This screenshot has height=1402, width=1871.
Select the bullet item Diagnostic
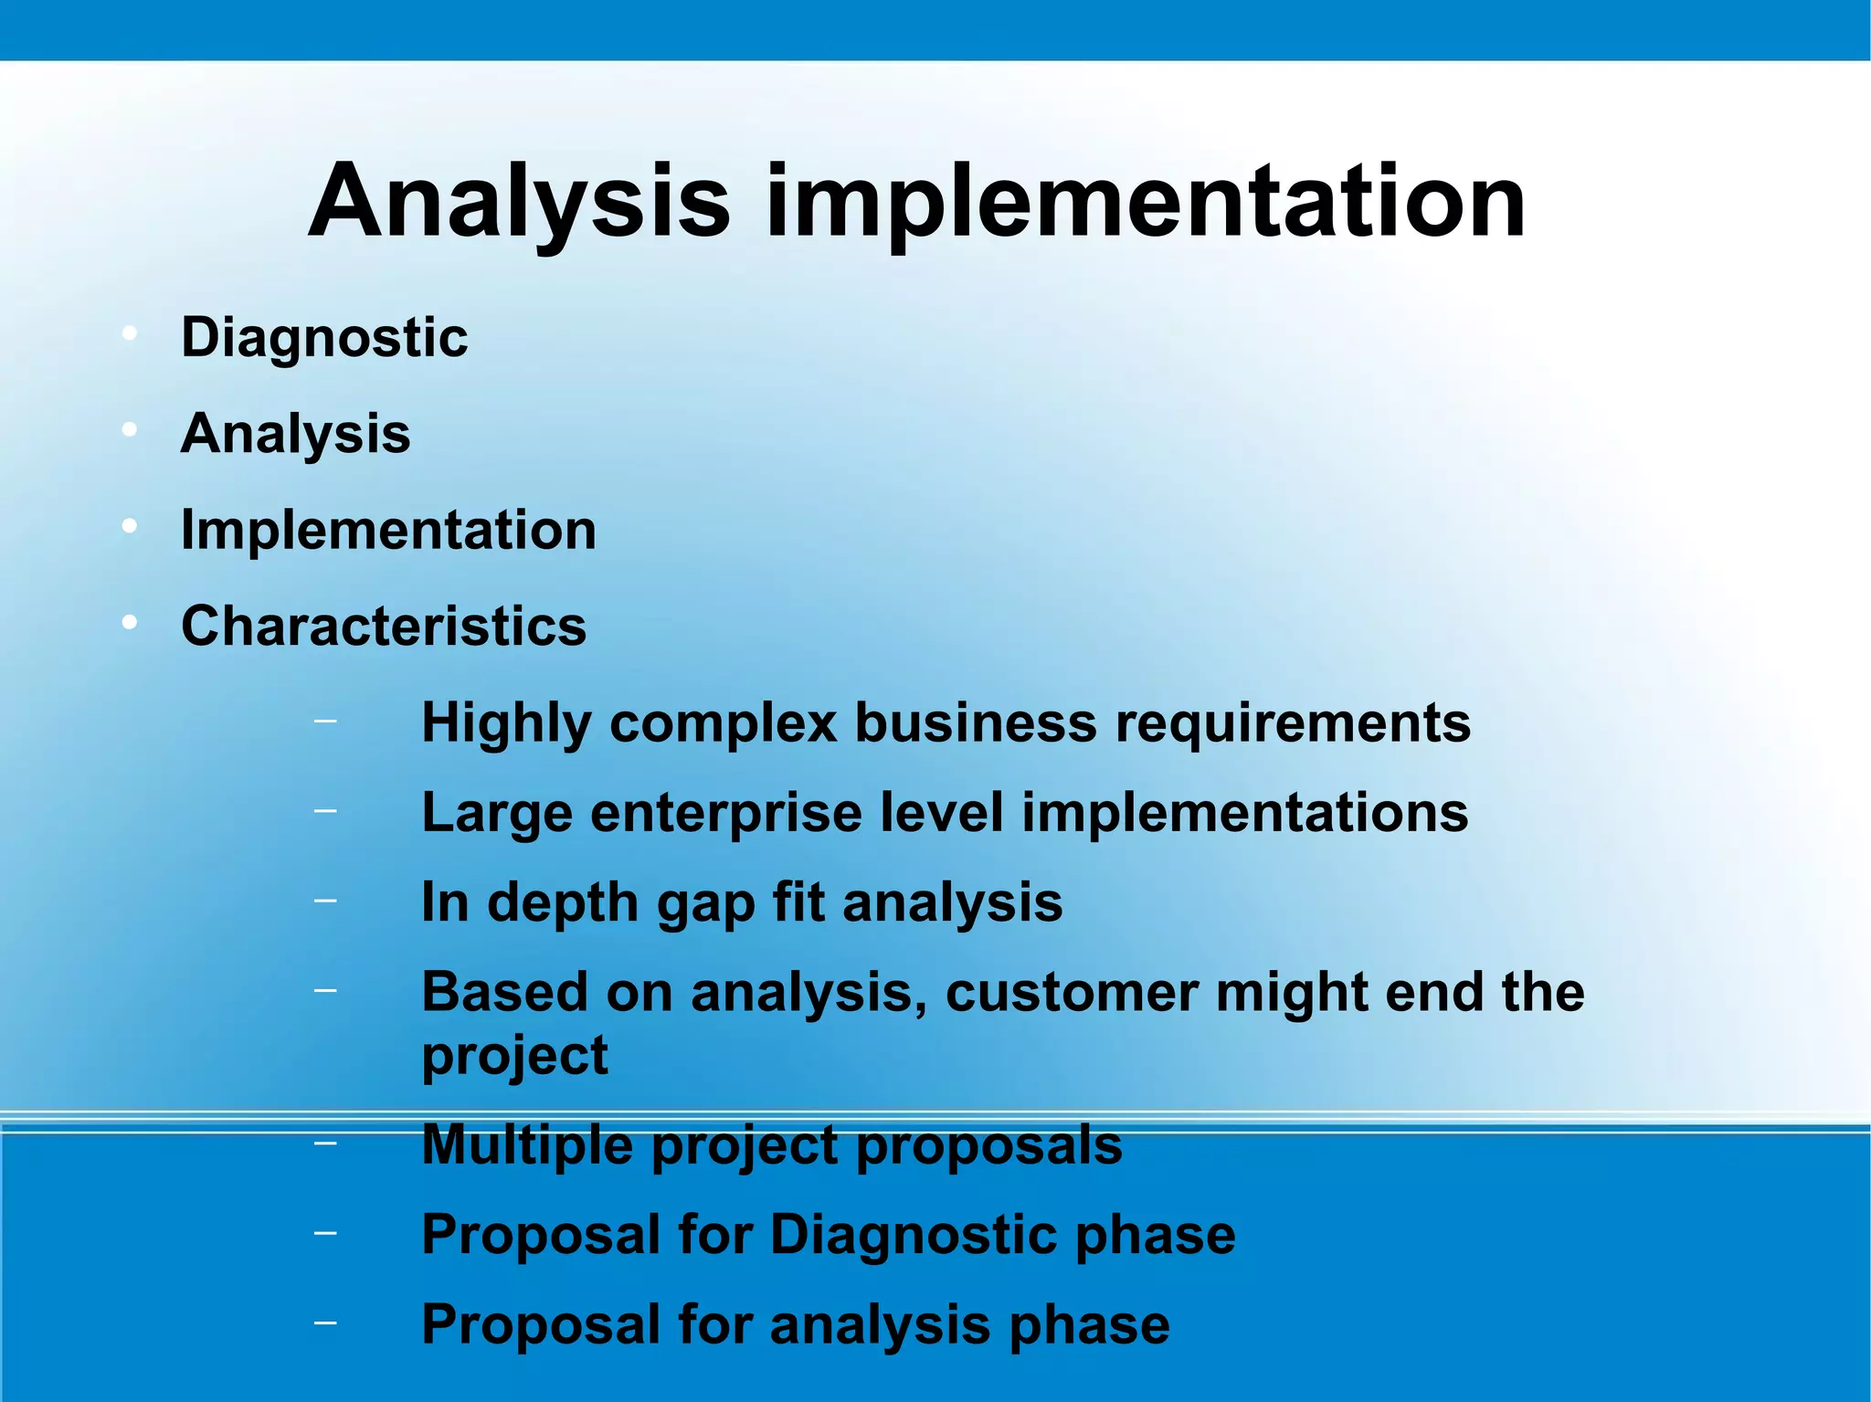324,338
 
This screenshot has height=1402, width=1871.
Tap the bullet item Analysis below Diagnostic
295,434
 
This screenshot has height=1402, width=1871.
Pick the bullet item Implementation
388,530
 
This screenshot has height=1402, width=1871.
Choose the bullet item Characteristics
384,627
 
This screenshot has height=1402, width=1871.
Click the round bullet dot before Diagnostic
130,333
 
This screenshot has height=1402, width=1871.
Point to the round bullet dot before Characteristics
130,623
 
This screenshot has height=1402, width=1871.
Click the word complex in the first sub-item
723,723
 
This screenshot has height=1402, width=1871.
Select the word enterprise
725,813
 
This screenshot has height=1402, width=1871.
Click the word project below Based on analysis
514,1057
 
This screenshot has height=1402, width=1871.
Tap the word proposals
988,1146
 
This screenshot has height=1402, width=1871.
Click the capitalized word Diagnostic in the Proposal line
914,1235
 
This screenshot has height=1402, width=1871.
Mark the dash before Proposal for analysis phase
324,1323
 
